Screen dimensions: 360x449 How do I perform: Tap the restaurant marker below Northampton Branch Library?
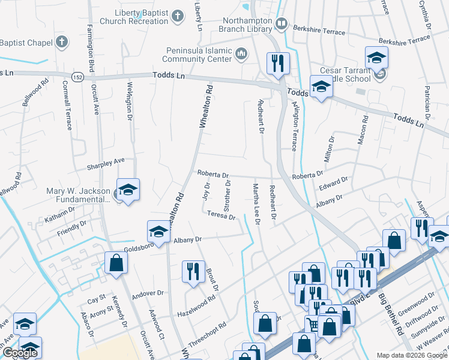pyautogui.click(x=277, y=63)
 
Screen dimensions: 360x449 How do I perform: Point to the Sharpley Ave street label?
pyautogui.click(x=106, y=161)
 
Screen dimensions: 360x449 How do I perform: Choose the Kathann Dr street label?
pyautogui.click(x=59, y=211)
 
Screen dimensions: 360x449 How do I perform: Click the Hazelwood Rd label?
pyautogui.click(x=196, y=307)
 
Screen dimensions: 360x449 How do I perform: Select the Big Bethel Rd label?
pyautogui.click(x=393, y=318)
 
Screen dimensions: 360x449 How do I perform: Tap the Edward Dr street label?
pyautogui.click(x=333, y=184)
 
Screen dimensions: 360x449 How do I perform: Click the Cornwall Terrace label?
pyautogui.click(x=71, y=111)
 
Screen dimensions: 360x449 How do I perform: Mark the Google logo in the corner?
pyautogui.click(x=20, y=353)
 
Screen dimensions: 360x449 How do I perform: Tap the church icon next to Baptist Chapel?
pyautogui.click(x=61, y=43)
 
